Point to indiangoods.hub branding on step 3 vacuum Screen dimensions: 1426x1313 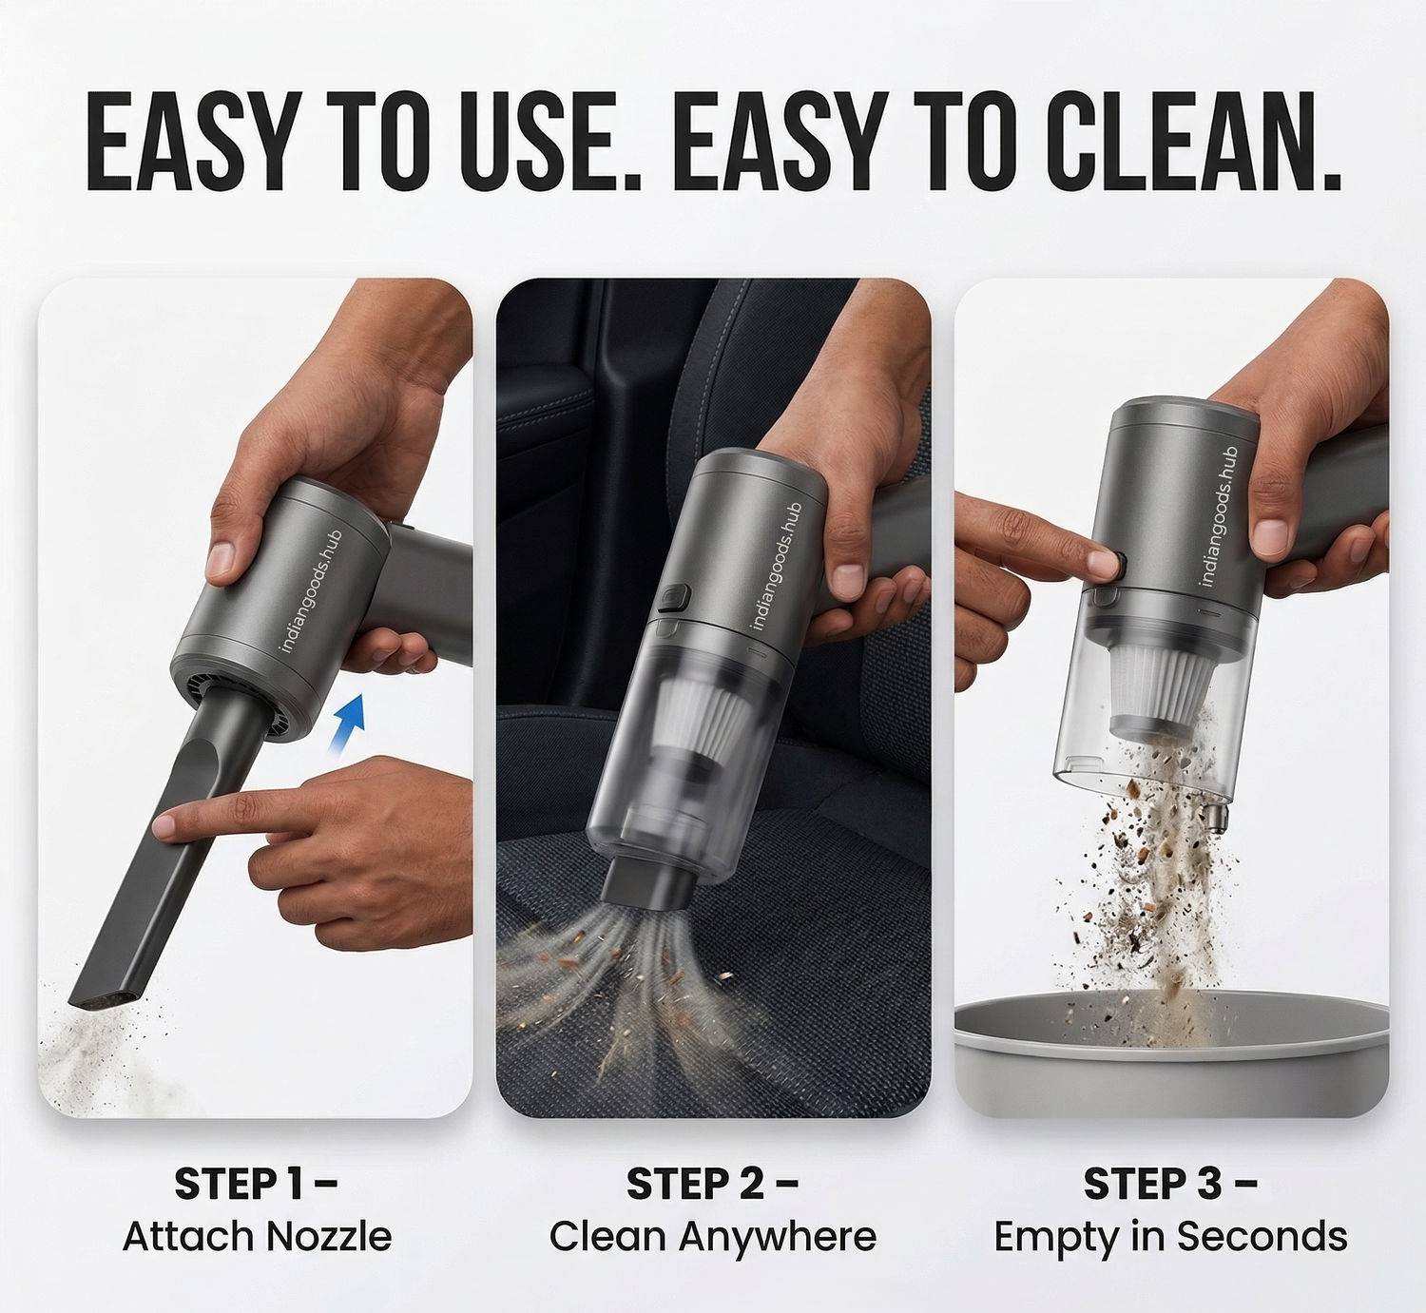1219,516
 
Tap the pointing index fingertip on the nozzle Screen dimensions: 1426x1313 164,826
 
